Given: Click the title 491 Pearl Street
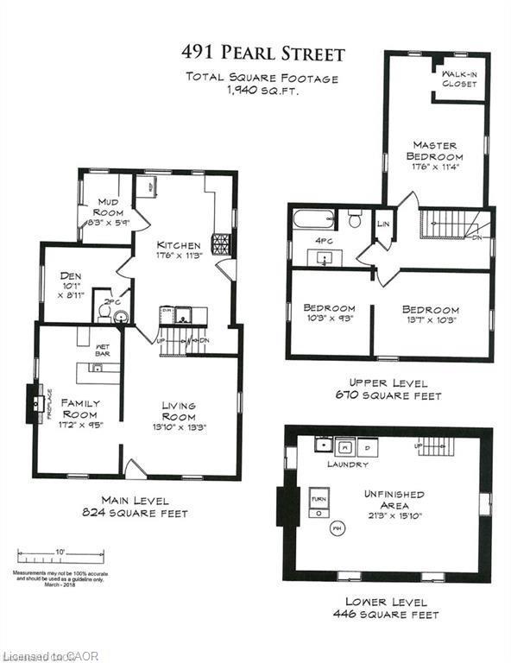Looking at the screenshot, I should tap(262, 54).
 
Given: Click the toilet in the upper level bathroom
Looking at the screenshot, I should tap(354, 220).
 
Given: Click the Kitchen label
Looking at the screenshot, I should tap(178, 245).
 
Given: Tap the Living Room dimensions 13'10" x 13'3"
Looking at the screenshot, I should tap(179, 427).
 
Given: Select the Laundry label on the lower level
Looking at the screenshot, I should tap(348, 464).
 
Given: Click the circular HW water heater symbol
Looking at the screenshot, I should tap(338, 528).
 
